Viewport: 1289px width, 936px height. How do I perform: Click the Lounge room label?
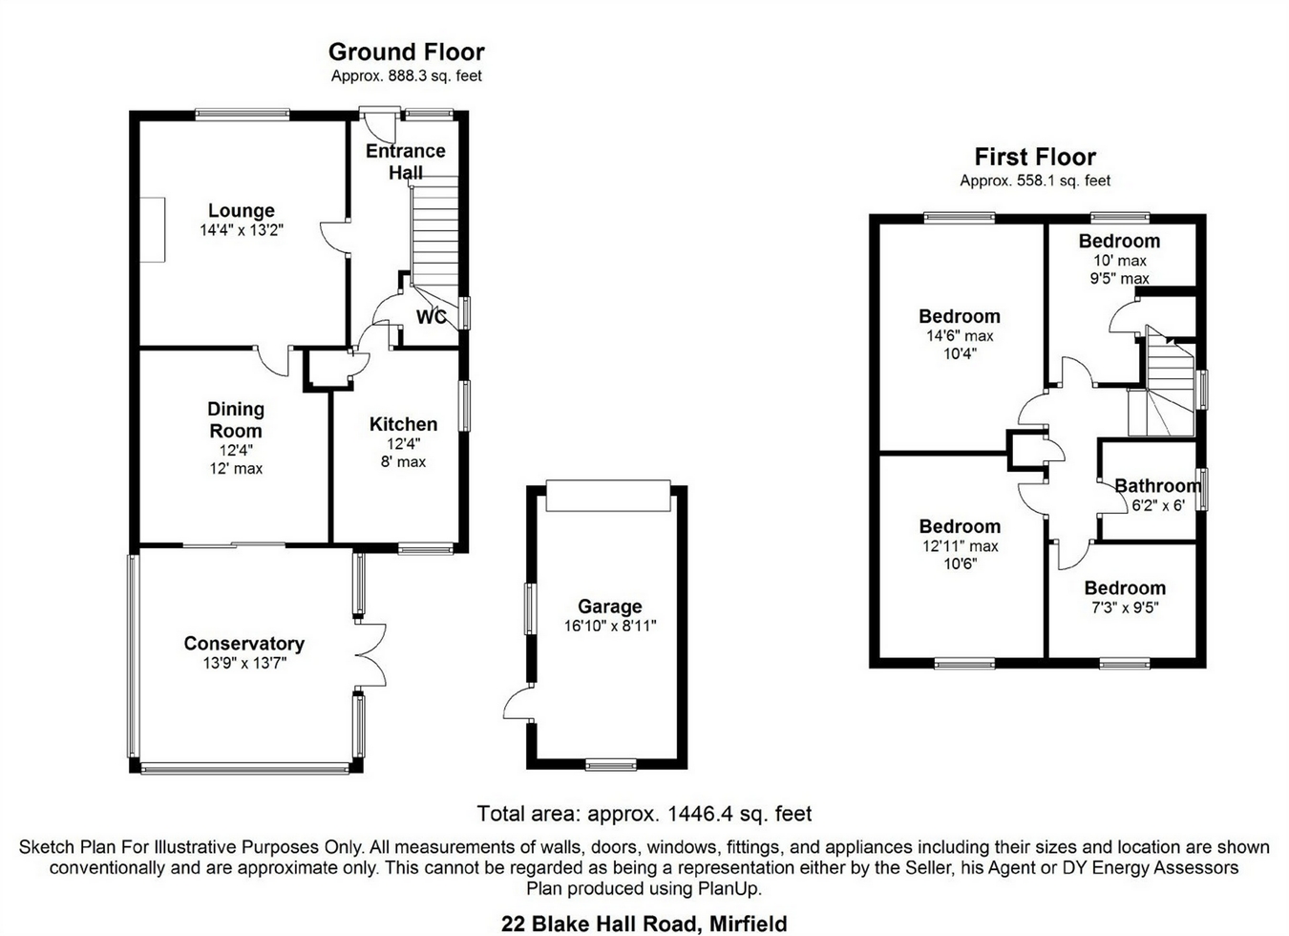pyautogui.click(x=242, y=211)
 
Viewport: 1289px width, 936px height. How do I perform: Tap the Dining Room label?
pyautogui.click(x=236, y=420)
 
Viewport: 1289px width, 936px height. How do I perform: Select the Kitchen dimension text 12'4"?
pyautogui.click(x=403, y=443)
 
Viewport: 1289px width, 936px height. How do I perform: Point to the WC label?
pyautogui.click(x=432, y=317)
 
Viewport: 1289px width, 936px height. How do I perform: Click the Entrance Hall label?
pyautogui.click(x=406, y=161)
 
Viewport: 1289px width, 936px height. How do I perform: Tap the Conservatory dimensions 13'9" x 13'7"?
pyautogui.click(x=244, y=663)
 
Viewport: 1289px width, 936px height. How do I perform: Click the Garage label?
pyautogui.click(x=609, y=606)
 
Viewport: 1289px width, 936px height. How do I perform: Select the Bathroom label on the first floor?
pyautogui.click(x=1157, y=486)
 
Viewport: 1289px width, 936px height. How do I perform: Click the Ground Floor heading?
pyautogui.click(x=407, y=53)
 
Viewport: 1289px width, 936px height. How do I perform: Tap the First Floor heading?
pyautogui.click(x=1035, y=158)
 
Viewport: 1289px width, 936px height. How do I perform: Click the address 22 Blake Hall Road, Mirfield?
pyautogui.click(x=644, y=924)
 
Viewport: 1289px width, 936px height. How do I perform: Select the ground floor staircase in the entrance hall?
pyautogui.click(x=434, y=239)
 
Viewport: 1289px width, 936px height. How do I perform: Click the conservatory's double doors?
pyautogui.click(x=370, y=655)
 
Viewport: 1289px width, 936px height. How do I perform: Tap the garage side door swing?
pyautogui.click(x=518, y=703)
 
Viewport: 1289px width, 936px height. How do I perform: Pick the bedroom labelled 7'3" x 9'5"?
pyautogui.click(x=1125, y=588)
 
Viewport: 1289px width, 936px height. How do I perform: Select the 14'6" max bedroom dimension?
pyautogui.click(x=960, y=336)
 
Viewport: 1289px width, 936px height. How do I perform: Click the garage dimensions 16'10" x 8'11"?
pyautogui.click(x=609, y=627)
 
